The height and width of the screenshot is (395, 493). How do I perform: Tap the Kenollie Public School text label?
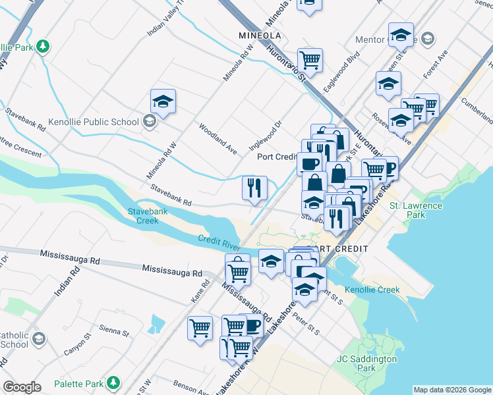coord(94,122)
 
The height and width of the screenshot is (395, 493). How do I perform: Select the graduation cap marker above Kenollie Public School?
coord(163,102)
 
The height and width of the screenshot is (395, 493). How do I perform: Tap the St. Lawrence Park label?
coord(416,210)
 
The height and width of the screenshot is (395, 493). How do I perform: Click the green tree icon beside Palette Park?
coord(113,382)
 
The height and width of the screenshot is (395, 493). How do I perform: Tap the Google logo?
coord(22,387)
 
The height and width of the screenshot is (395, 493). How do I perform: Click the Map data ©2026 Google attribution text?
coord(451,390)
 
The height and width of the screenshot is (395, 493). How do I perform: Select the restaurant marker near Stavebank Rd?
coord(254,188)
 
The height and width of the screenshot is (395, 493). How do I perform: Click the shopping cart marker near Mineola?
coord(310,61)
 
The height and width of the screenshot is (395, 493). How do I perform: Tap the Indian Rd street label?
coord(67,280)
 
